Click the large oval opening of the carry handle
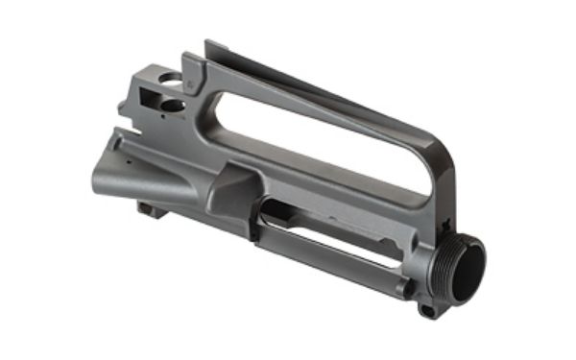tap(317, 130)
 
